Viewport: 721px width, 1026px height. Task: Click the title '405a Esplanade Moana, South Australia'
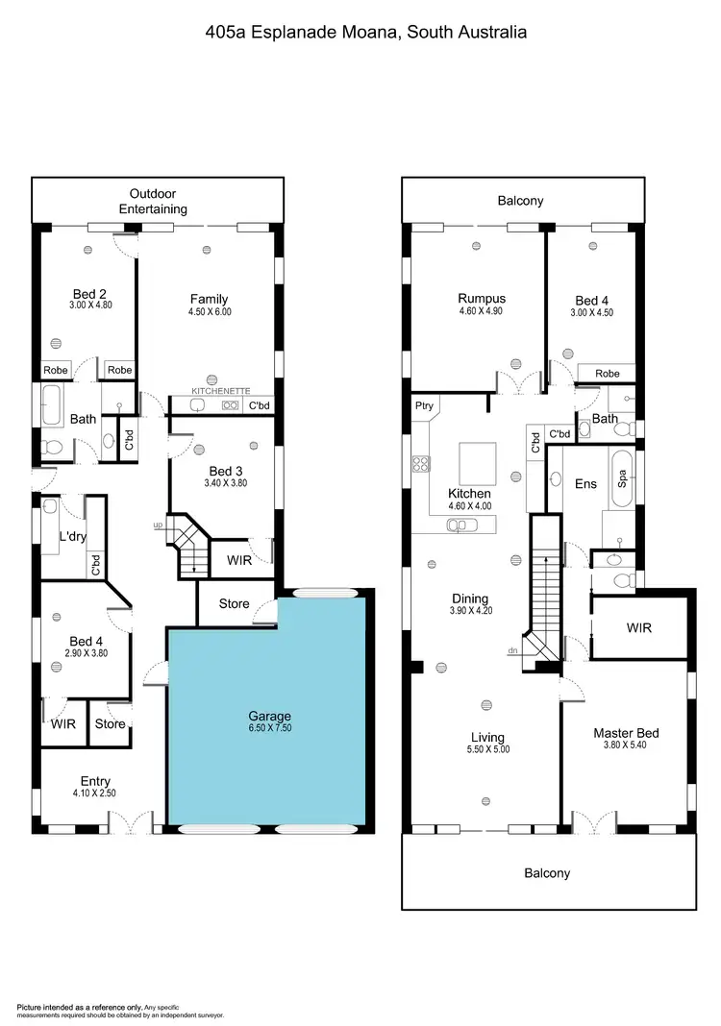pos(366,32)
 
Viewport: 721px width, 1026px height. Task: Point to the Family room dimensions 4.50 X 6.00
pos(209,312)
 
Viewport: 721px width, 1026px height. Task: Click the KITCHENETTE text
pos(221,391)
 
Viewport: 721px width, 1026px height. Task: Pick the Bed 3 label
pos(226,471)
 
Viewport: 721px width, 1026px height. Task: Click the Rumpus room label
pos(481,299)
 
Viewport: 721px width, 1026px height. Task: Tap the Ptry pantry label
pos(424,406)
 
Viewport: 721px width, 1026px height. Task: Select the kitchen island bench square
pos(478,463)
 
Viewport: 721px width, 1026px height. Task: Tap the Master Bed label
pos(626,733)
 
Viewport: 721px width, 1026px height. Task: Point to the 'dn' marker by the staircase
pos(510,650)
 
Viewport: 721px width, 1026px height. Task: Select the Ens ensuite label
pos(584,484)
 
